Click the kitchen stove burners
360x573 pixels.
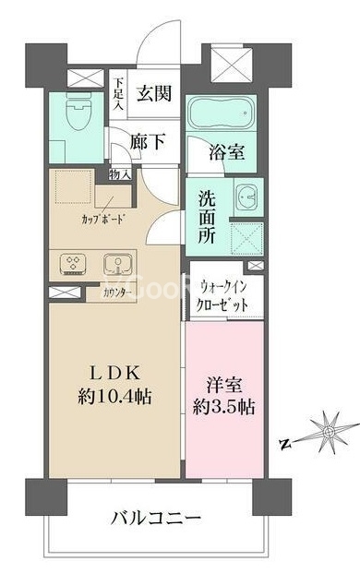point(73,265)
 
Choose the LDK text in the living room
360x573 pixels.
point(114,373)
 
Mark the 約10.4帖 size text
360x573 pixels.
point(114,398)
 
